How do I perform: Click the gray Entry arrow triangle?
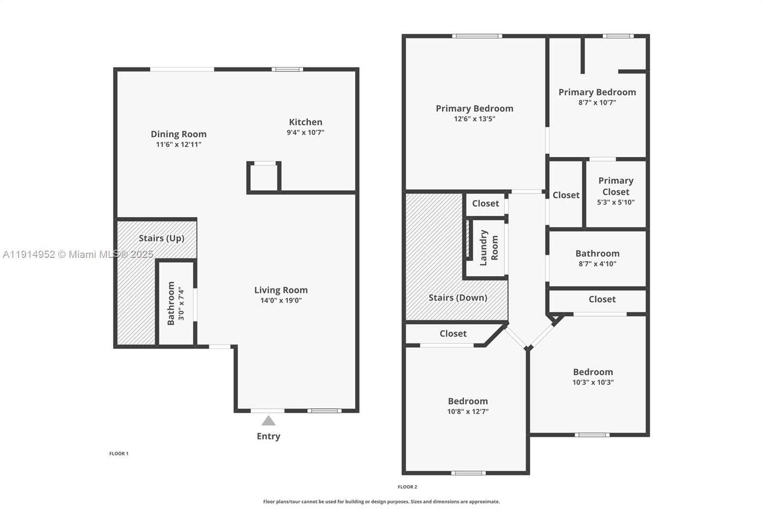[268, 421]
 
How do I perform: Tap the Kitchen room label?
[306, 122]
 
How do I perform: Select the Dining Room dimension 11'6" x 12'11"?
[179, 144]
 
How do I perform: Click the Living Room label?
[281, 290]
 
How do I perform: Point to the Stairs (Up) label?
[161, 238]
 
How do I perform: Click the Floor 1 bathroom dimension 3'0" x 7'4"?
[181, 303]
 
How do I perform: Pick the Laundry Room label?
[489, 247]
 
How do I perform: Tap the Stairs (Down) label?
[458, 297]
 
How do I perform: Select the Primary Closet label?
[616, 186]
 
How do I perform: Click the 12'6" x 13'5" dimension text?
[474, 119]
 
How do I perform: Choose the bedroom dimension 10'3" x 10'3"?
[593, 382]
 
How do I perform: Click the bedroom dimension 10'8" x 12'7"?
[468, 412]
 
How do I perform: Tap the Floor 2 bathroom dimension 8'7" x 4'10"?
[598, 264]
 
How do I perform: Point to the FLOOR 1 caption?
[119, 454]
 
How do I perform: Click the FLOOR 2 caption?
[407, 487]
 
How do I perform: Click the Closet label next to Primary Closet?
[566, 195]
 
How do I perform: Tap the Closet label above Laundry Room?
[485, 203]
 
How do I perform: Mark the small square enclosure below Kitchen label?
[264, 178]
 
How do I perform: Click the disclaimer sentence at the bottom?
[381, 502]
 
